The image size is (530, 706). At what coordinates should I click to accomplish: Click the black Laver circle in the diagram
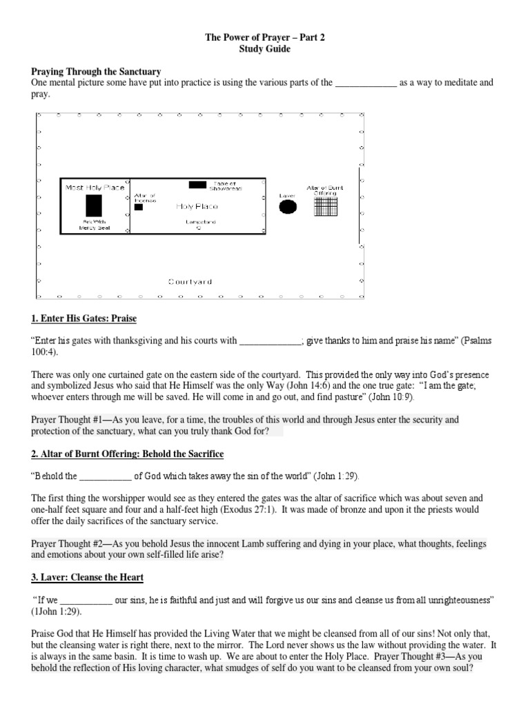tap(288, 206)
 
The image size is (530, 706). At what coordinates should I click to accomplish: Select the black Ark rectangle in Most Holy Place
tap(94, 205)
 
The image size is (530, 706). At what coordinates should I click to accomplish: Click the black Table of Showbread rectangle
tap(197, 185)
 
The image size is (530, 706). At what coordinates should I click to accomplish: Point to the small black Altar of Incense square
tap(139, 207)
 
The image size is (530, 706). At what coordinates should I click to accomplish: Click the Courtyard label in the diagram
tap(190, 281)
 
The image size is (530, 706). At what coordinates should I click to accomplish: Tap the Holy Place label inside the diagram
tap(197, 206)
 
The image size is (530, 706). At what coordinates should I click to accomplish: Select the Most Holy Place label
tap(95, 187)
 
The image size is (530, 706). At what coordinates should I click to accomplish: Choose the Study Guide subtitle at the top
tap(265, 50)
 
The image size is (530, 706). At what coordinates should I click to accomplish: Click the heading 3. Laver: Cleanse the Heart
tap(88, 576)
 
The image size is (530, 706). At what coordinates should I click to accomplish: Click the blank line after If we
tap(86, 601)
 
